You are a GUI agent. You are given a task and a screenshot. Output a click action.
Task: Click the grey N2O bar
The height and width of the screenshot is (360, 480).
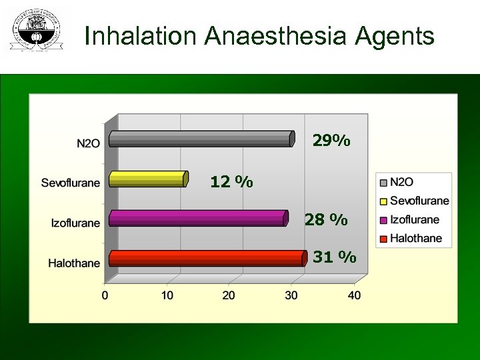click(x=200, y=139)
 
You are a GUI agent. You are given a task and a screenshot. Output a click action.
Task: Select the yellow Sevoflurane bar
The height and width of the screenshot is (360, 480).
click(x=147, y=179)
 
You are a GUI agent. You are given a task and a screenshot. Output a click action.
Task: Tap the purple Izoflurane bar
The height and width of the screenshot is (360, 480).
click(x=197, y=218)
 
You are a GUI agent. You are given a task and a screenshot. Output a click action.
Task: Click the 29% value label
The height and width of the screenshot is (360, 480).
click(x=331, y=141)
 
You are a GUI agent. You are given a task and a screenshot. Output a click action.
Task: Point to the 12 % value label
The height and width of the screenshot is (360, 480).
click(x=231, y=181)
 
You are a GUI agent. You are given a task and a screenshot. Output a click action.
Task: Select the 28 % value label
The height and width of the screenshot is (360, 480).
click(x=326, y=219)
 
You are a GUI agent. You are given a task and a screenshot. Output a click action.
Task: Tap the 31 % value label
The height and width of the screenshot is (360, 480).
click(x=335, y=257)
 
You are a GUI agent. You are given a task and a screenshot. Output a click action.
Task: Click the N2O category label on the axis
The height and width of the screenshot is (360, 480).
click(x=88, y=143)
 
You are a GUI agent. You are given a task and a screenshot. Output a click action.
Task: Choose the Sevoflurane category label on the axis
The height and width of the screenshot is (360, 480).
click(x=71, y=183)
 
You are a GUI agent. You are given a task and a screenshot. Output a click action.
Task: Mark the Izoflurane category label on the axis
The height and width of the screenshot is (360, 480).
click(x=75, y=223)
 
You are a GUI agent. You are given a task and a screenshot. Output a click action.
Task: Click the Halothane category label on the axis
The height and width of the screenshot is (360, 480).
click(x=74, y=263)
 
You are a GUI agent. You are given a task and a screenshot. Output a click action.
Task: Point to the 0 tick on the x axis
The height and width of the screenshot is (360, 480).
click(x=105, y=295)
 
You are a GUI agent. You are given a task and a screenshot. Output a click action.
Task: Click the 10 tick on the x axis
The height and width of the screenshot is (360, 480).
click(x=167, y=295)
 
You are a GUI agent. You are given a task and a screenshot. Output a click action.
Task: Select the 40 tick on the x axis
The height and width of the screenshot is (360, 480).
click(x=354, y=295)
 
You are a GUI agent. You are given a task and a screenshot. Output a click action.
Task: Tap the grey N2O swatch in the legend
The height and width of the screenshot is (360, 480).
click(x=383, y=182)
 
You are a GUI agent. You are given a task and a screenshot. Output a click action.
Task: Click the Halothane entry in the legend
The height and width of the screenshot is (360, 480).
click(x=415, y=238)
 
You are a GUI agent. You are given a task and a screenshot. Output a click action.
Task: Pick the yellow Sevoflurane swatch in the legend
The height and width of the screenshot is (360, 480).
click(x=383, y=201)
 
